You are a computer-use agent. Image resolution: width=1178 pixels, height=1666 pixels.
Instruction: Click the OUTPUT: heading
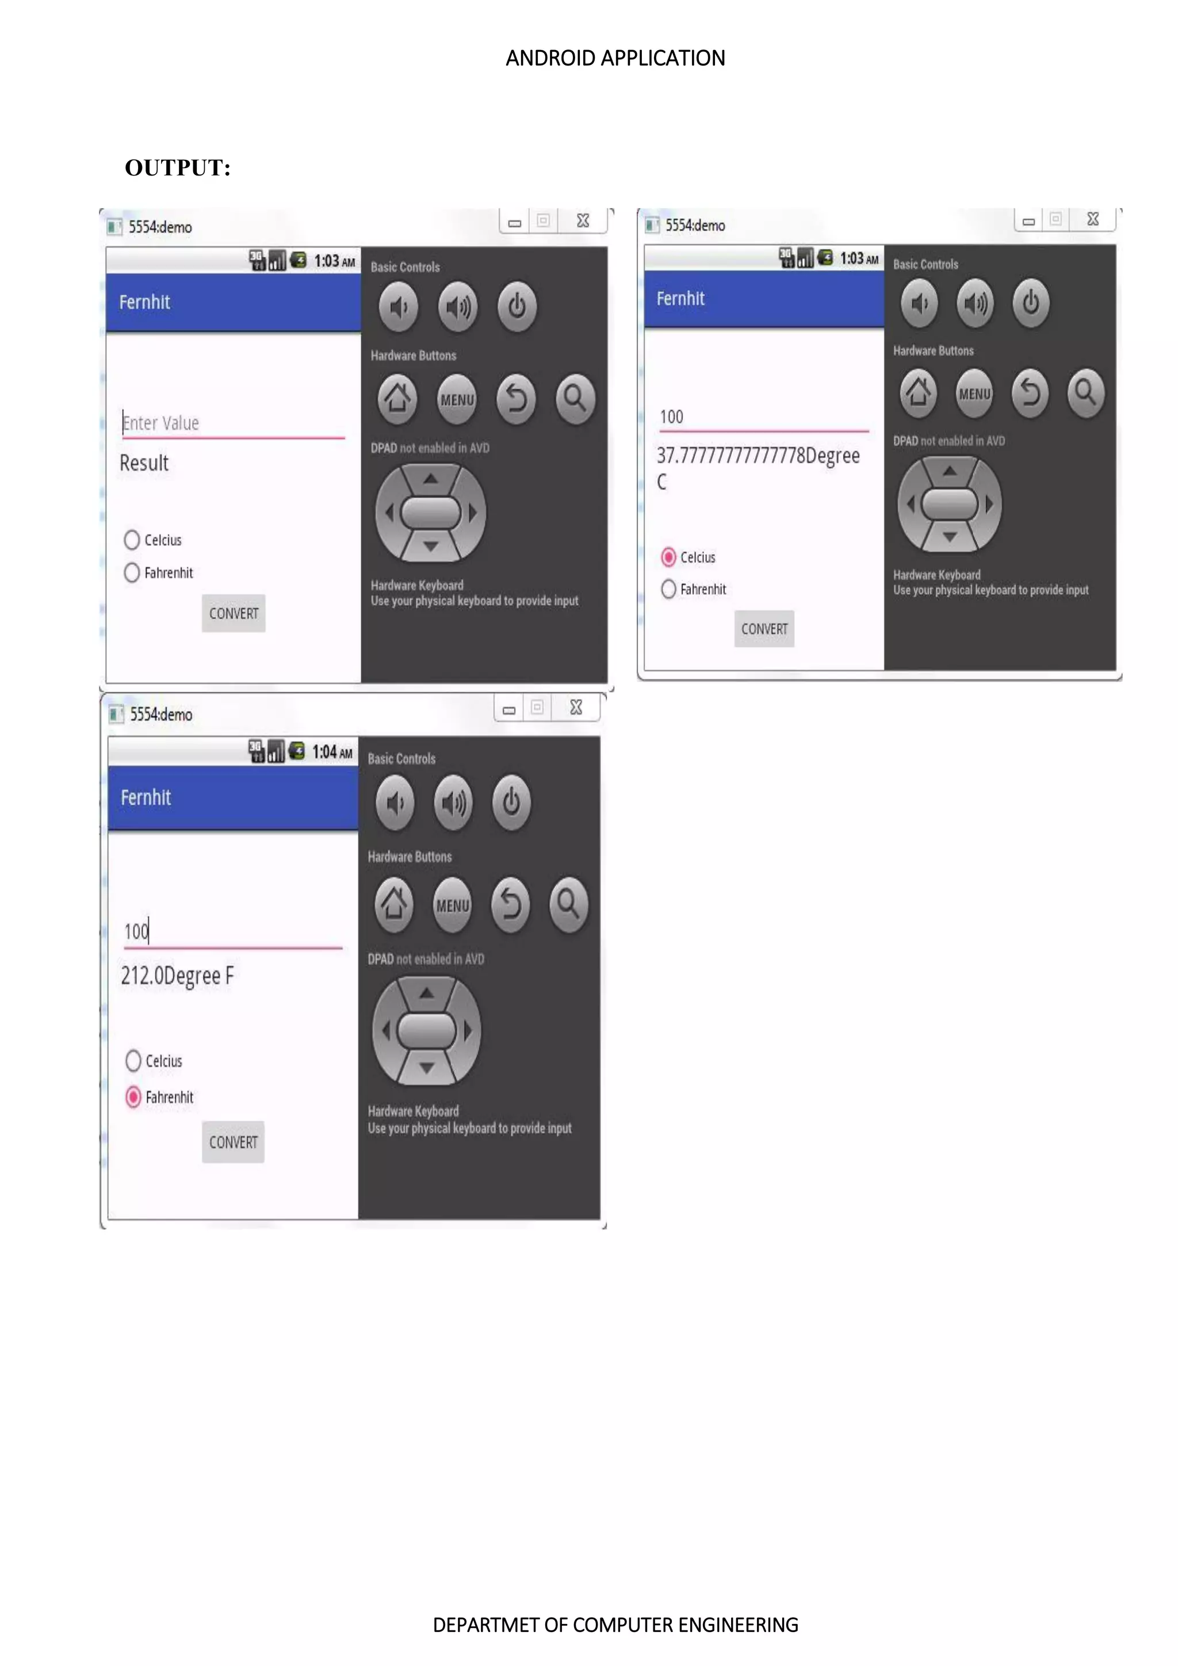178,167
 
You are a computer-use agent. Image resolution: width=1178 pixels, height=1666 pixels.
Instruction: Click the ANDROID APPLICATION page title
615,58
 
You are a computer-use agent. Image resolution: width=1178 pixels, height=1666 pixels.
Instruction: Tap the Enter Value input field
232,423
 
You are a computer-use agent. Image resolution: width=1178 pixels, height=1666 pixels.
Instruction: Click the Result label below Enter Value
144,463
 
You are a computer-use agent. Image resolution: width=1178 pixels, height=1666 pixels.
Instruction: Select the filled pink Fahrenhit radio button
133,1096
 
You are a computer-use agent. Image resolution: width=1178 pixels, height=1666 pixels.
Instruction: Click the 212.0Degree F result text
178,976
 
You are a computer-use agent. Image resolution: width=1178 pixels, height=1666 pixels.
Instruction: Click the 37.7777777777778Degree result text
758,456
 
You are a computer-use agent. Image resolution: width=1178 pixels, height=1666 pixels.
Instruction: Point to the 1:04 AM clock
332,752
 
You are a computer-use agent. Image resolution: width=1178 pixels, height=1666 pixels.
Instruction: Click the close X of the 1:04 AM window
576,708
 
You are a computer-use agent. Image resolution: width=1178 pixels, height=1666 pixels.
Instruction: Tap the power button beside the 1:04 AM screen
511,803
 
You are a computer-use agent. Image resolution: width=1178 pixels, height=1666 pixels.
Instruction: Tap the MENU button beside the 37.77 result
974,393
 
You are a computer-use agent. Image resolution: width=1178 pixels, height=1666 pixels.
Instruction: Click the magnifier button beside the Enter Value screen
575,398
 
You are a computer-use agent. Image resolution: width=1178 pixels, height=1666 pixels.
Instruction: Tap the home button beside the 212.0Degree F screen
394,904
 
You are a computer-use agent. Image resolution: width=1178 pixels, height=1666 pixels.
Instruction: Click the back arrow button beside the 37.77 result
1030,393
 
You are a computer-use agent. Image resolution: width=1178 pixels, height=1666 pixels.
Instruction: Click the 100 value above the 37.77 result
671,417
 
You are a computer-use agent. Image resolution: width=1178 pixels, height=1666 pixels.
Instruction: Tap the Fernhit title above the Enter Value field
144,302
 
